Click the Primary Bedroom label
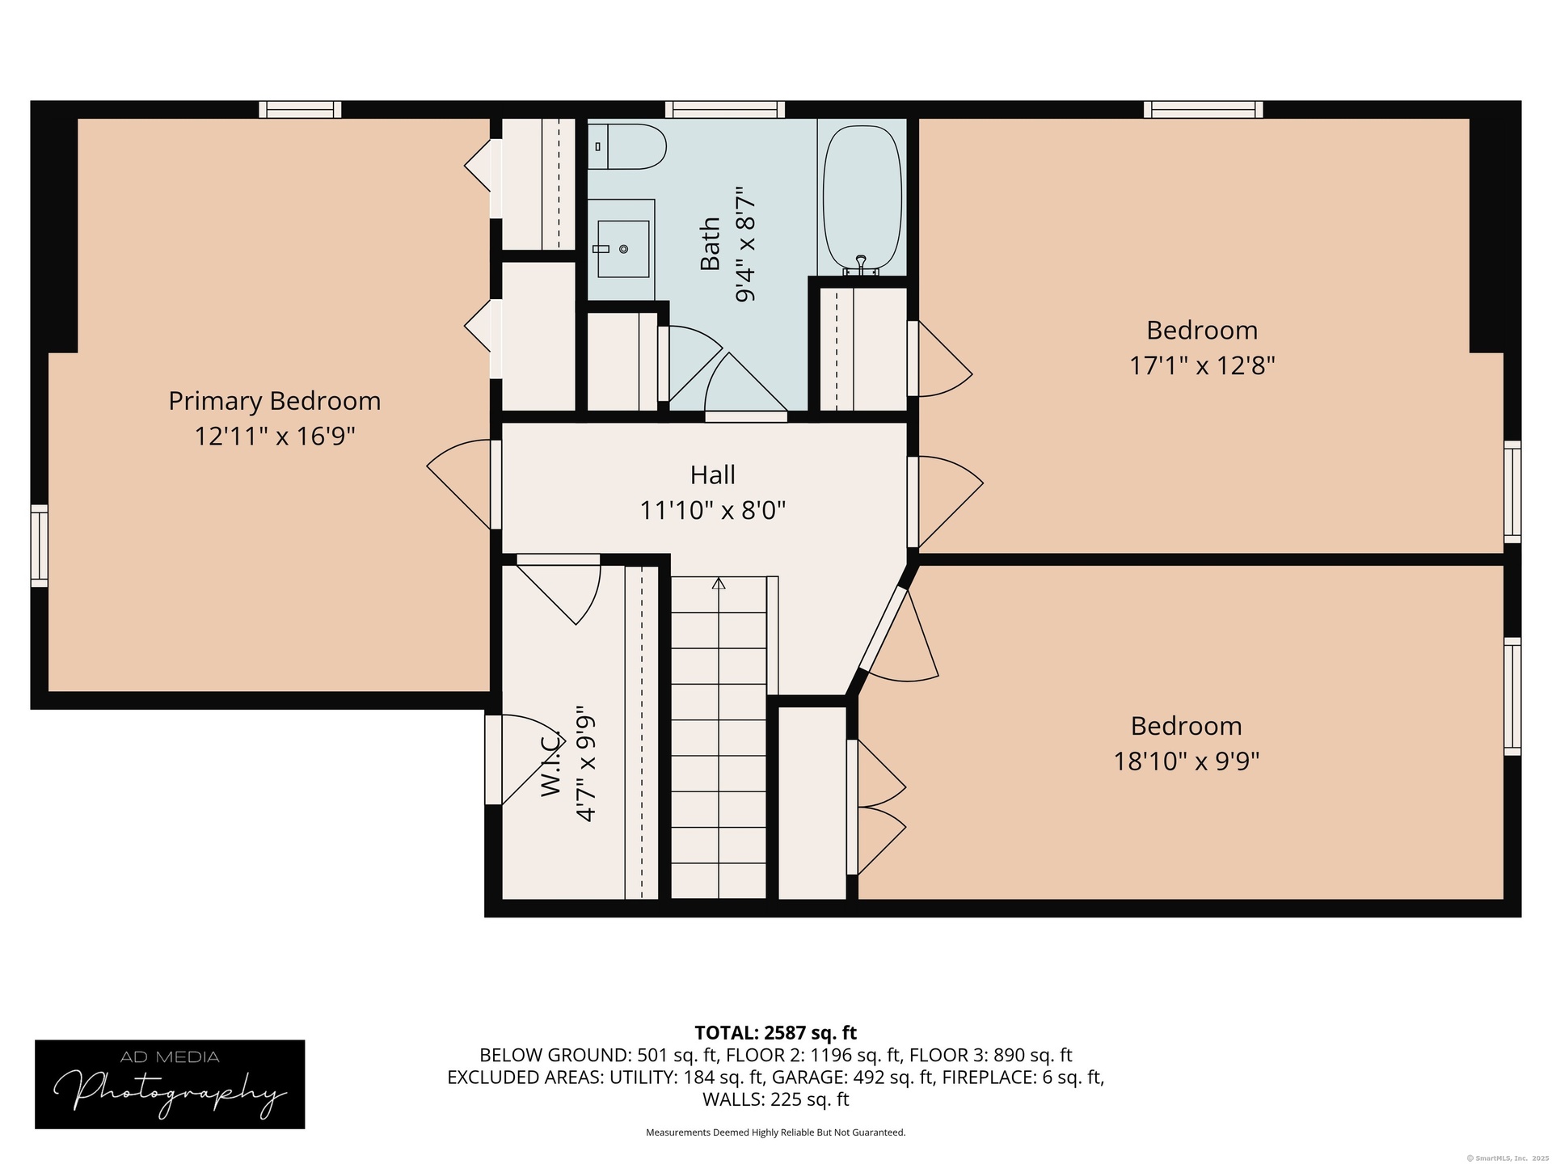pos(274,401)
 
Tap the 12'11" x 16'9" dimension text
pos(275,436)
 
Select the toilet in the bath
pos(626,146)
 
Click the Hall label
pos(712,474)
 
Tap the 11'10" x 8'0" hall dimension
pos(713,511)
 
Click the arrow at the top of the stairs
pos(719,583)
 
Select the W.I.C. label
pos(550,764)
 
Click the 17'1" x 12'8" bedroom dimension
pos(1202,366)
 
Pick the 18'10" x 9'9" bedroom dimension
pos(1187,761)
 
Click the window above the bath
pos(725,109)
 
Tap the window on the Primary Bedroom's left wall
pos(40,545)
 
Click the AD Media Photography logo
pos(170,1084)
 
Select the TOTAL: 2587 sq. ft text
pos(776,1033)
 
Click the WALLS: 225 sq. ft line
pos(776,1099)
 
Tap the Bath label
pos(710,244)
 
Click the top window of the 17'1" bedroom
pos(1203,109)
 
